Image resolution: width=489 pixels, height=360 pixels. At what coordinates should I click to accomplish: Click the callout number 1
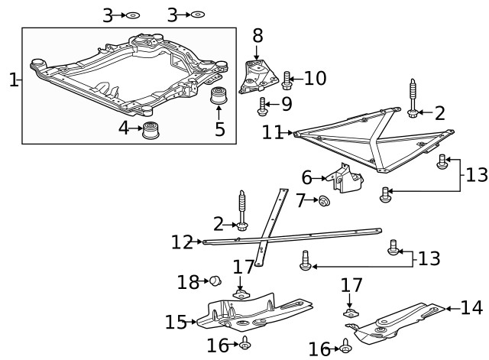[12, 79]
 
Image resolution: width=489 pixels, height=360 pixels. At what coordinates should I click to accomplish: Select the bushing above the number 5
[220, 99]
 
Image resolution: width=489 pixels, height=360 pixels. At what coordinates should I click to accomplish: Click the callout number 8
[257, 35]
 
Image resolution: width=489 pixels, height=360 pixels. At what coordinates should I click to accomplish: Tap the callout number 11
[273, 132]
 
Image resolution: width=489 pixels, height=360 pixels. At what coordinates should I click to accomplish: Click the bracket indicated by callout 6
[347, 180]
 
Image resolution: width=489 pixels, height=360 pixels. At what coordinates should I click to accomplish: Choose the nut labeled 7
[323, 201]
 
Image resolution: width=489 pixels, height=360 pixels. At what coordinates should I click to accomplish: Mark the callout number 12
[182, 242]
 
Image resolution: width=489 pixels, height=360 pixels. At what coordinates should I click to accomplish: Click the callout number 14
[471, 308]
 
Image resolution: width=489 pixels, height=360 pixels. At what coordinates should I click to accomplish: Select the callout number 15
[176, 322]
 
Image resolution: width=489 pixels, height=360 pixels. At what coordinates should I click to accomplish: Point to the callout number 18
[188, 282]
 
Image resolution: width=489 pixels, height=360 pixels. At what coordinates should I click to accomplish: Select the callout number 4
[125, 128]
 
